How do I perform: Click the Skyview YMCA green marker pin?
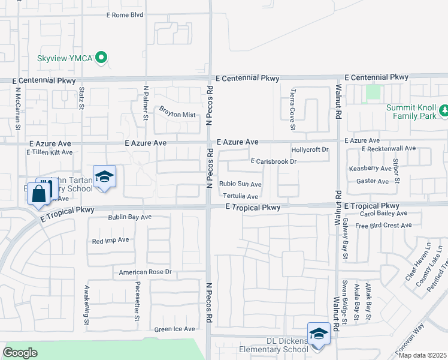pos(102,58)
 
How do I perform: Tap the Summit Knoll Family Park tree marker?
pos(444,110)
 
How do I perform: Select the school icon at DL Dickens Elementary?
pos(319,334)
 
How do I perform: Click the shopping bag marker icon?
pos(38,194)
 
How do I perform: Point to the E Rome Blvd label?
pos(125,15)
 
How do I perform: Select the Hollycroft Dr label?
pos(310,149)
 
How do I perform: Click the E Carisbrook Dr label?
pos(274,162)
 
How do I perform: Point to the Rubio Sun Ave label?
pos(240,184)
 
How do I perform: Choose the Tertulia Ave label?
pos(240,197)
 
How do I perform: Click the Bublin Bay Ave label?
pos(130,217)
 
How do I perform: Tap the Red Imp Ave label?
pos(110,240)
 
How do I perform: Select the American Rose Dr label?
pos(145,272)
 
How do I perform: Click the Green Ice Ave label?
pos(174,329)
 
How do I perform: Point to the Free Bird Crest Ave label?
pos(383,226)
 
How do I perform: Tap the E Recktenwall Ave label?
pos(389,148)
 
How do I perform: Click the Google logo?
pos(20,352)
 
